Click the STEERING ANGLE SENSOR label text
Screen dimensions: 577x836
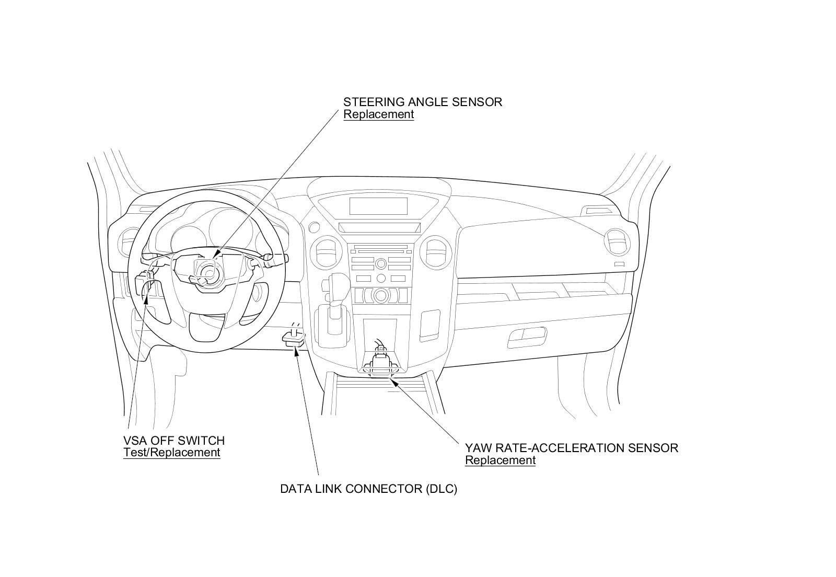click(x=422, y=102)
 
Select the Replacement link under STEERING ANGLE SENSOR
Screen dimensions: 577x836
click(x=378, y=114)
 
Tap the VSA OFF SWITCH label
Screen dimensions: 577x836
click(x=174, y=441)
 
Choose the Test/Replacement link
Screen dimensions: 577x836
click(x=171, y=453)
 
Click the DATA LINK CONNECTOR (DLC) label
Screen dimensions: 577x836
click(x=368, y=489)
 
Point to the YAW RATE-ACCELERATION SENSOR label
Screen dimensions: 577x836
click(x=571, y=448)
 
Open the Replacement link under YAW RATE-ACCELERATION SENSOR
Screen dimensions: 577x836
click(x=500, y=460)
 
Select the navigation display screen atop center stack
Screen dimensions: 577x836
click(x=378, y=206)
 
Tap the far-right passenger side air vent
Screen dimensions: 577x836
click(x=618, y=243)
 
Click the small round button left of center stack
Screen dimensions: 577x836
click(x=313, y=227)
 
